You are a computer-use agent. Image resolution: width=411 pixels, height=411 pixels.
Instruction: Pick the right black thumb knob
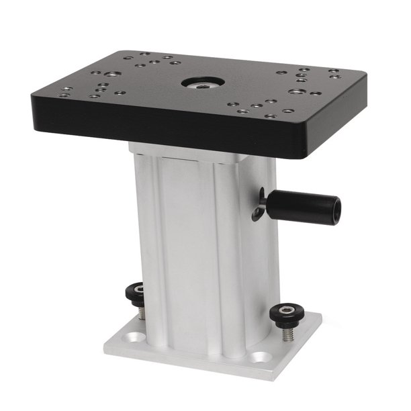click(x=283, y=313)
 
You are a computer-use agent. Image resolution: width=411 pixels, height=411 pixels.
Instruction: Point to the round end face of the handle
click(x=334, y=211)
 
